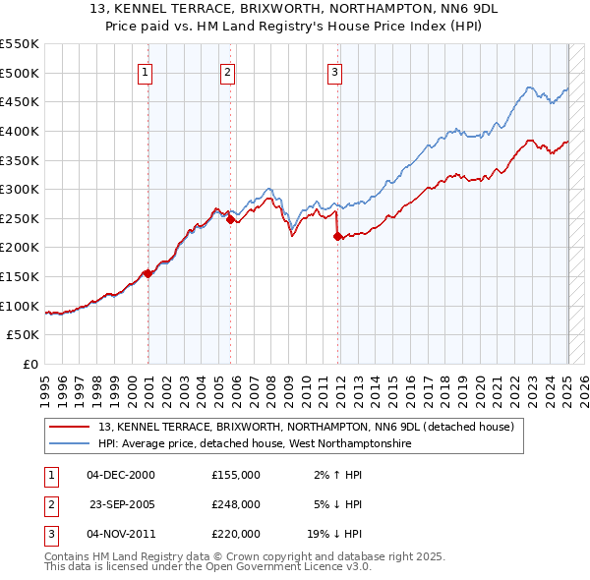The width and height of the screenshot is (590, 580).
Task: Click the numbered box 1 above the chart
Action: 145,71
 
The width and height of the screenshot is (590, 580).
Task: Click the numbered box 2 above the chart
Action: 227,71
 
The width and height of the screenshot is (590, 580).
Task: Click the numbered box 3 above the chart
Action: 334,71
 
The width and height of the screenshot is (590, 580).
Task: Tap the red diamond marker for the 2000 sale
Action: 147,273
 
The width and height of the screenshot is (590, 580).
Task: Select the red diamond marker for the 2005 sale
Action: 231,220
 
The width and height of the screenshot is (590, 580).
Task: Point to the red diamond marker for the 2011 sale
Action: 337,236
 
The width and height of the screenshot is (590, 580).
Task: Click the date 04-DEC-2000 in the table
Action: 121,475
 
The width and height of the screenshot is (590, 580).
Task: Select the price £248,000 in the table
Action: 236,504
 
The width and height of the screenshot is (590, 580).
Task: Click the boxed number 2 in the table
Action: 50,504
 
